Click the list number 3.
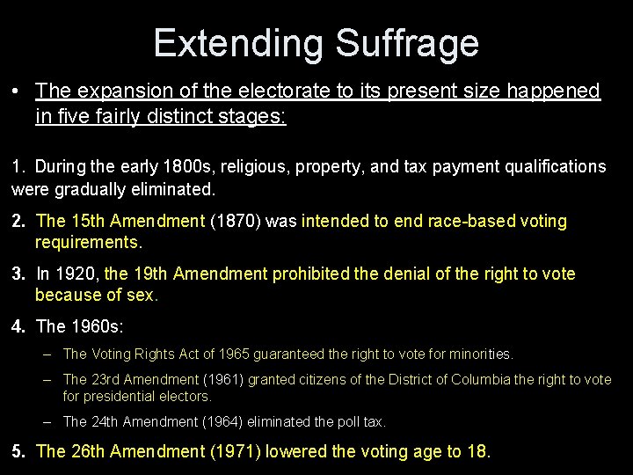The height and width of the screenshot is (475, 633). tap(18, 274)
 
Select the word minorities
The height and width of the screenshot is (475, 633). tap(480, 354)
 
